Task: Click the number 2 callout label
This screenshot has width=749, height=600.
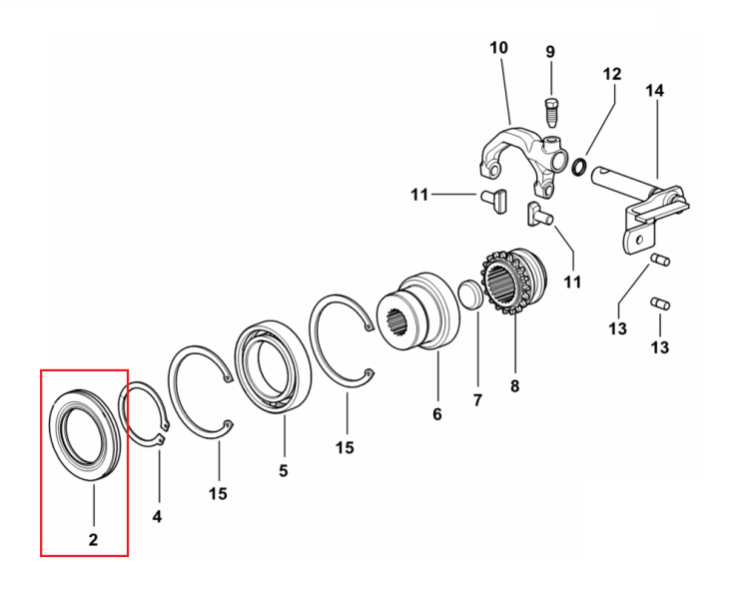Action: [93, 539]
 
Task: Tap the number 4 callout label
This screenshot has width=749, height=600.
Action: [157, 516]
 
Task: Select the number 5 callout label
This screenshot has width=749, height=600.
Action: [284, 470]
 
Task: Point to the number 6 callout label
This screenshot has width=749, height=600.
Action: [437, 414]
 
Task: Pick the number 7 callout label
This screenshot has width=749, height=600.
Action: [477, 400]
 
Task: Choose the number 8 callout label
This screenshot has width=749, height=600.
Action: [514, 386]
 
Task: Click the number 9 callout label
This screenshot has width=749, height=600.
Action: [550, 52]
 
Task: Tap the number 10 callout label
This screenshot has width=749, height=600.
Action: [499, 48]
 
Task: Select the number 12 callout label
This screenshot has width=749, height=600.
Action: [612, 74]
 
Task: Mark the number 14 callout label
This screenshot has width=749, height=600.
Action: [655, 90]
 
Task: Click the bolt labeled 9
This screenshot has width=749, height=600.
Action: [551, 112]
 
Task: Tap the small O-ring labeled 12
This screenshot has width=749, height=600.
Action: [579, 167]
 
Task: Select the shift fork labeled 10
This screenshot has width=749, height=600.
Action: [524, 160]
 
